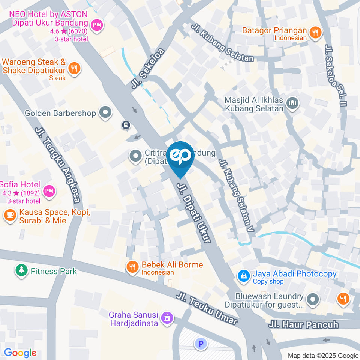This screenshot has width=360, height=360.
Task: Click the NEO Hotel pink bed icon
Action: (x=97, y=25)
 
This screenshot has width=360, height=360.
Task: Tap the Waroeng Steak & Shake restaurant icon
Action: (x=75, y=69)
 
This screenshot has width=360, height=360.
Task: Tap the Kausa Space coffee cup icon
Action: (x=9, y=216)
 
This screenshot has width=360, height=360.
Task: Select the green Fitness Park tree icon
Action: (x=21, y=270)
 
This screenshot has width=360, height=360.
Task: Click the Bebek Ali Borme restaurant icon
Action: (x=132, y=267)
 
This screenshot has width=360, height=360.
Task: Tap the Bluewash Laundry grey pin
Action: (x=312, y=299)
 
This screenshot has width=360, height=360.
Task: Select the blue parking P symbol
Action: (x=201, y=343)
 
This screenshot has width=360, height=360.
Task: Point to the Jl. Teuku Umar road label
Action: (x=207, y=309)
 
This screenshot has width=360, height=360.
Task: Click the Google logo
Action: (x=20, y=353)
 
